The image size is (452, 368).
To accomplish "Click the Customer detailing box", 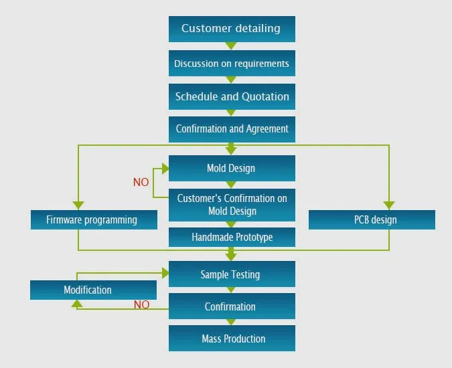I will [x=231, y=29].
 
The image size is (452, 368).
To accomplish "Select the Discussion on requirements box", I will [x=231, y=64].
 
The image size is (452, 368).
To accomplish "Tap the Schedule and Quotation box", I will [x=231, y=96].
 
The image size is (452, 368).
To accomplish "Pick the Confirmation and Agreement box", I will [x=231, y=128].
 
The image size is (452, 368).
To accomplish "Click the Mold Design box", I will [x=231, y=168].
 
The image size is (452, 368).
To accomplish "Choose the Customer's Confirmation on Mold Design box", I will [x=231, y=205].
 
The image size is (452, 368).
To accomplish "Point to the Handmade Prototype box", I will [x=231, y=237].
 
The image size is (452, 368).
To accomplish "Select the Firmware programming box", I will [x=94, y=219].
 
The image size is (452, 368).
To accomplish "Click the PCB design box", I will [x=372, y=219].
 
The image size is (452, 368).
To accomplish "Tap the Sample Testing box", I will [x=231, y=274].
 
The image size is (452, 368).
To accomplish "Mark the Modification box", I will [x=93, y=290].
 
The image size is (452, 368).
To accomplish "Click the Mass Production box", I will [x=231, y=339].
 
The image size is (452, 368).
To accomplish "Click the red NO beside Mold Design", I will [x=141, y=182].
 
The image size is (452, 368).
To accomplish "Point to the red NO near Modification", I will [x=141, y=304].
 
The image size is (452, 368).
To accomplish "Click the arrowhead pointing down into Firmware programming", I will [x=78, y=205].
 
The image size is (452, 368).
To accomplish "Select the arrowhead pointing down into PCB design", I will [x=389, y=205].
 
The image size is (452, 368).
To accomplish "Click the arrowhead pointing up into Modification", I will [x=78, y=304].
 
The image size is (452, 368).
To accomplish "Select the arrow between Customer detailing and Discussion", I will [x=231, y=46].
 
